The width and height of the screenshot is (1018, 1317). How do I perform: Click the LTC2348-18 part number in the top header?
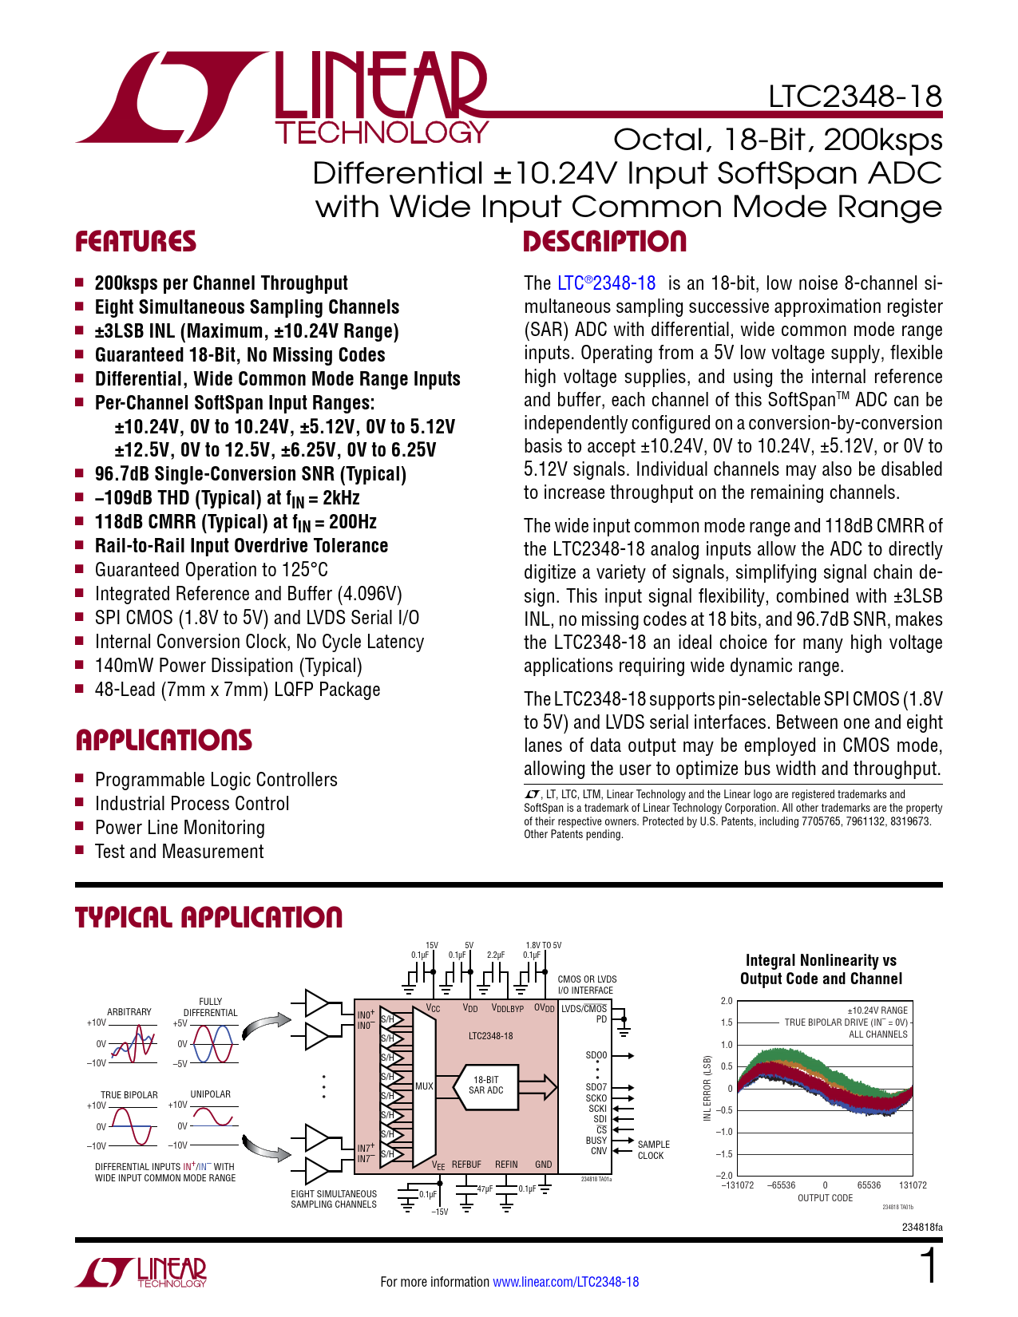(855, 97)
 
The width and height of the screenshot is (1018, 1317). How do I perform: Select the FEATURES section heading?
(136, 242)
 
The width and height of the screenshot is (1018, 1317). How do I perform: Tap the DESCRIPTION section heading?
(604, 242)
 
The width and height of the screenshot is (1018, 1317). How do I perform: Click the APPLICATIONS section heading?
(164, 740)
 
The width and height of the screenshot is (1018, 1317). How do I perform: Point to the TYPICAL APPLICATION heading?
(208, 918)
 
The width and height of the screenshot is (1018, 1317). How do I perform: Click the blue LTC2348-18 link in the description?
(607, 283)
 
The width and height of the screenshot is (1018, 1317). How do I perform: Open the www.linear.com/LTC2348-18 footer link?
(565, 1282)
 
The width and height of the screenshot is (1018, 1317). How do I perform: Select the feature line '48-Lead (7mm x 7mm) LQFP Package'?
(237, 690)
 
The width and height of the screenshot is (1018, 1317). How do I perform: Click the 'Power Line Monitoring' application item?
(180, 828)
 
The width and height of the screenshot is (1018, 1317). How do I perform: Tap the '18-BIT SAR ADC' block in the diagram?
(485, 1085)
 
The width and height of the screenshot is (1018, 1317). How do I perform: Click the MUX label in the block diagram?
(424, 1086)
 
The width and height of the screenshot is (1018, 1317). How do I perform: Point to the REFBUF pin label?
(466, 1165)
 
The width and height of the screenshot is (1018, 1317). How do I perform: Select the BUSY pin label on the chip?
(596, 1141)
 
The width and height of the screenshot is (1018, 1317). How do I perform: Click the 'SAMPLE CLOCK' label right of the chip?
(653, 1150)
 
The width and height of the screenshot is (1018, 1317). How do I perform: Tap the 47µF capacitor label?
(485, 1189)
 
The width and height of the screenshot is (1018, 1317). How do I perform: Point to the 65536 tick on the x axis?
(869, 1185)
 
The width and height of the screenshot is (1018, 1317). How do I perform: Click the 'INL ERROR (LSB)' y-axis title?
(707, 1088)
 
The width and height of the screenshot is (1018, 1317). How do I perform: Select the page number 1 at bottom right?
(928, 1268)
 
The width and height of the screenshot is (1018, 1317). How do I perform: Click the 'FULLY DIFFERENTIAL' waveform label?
(211, 1007)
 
